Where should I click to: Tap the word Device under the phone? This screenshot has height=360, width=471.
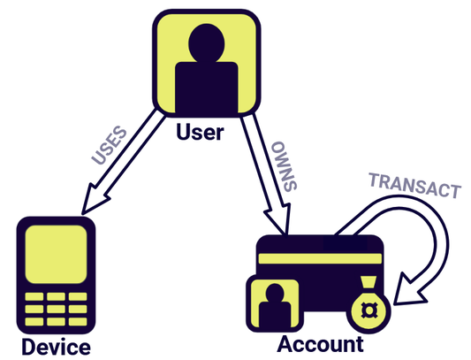pos(56,346)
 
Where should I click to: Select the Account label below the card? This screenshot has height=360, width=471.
pos(320,345)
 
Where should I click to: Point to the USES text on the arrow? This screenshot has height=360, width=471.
pos(108,146)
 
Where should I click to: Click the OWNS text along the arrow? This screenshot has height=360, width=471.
pos(285,165)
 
